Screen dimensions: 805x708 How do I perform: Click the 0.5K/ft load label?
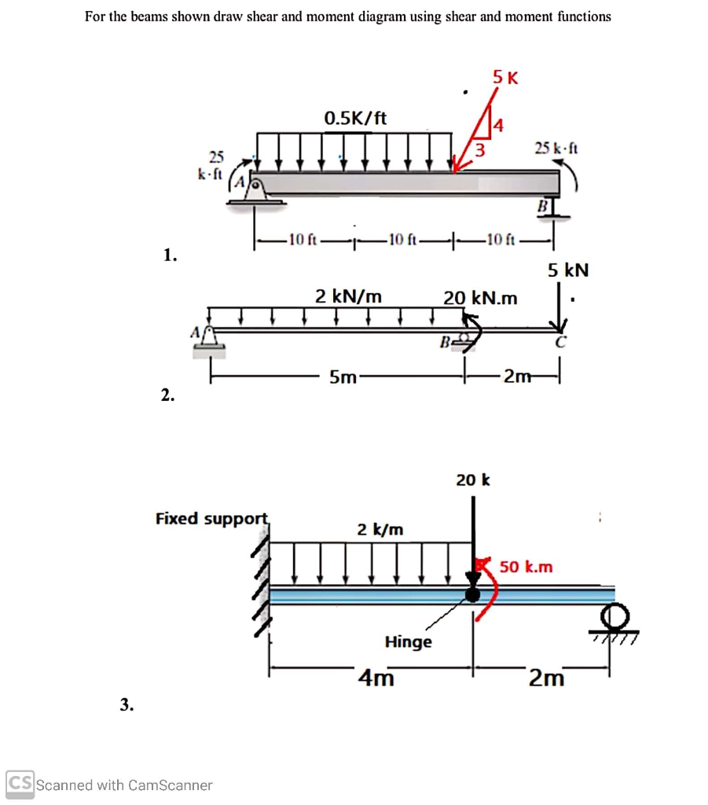pos(355,119)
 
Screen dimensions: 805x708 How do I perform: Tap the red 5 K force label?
pos(505,77)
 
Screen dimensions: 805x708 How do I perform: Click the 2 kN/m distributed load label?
pos(348,296)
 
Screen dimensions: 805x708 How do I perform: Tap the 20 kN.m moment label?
pos(480,298)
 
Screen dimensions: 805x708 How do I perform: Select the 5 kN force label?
pos(568,270)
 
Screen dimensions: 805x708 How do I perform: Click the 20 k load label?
pos(473,479)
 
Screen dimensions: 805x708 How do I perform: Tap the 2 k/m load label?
pos(380,529)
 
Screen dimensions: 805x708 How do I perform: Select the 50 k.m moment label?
pos(526,567)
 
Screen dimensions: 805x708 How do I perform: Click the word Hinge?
pos(408,641)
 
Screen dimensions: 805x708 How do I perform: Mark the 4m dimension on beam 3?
pos(376,677)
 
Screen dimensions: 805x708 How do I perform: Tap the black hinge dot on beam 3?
pos(472,594)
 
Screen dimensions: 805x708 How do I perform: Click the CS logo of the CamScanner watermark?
pos(20,784)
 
